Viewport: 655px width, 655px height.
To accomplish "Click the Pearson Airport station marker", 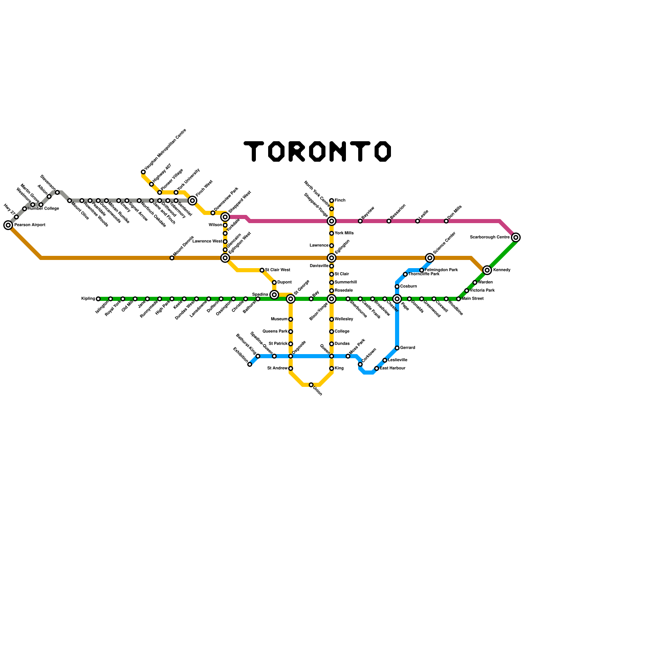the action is (x=8, y=225).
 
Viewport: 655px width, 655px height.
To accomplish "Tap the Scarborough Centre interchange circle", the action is (x=516, y=237).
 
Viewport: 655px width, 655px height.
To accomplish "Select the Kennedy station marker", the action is (x=487, y=270).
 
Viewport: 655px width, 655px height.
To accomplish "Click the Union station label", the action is (x=318, y=391).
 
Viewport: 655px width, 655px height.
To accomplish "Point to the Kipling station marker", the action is (x=98, y=299).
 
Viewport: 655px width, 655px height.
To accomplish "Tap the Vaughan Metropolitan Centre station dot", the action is (x=143, y=172).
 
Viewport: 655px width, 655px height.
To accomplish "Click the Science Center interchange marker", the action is (x=430, y=258).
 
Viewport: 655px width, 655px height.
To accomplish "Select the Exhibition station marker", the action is (x=250, y=364).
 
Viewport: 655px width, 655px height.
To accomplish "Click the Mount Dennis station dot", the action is (x=172, y=258).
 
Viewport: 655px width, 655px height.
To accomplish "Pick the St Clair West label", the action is (x=278, y=270).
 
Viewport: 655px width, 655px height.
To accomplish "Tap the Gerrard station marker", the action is (x=397, y=348).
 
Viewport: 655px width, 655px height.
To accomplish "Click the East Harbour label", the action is (x=393, y=368).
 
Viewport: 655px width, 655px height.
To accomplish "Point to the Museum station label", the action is (x=279, y=319).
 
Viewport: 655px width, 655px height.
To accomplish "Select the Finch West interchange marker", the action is (x=192, y=201).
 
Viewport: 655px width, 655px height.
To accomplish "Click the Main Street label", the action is (x=473, y=299).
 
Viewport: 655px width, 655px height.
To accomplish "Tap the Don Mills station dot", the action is (x=446, y=221).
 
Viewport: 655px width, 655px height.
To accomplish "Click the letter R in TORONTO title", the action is (x=297, y=151).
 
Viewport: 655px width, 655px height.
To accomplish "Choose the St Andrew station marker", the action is (x=291, y=368).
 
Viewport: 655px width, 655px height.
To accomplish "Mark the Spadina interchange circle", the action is (x=274, y=295).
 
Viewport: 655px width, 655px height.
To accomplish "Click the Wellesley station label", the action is (x=344, y=319).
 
